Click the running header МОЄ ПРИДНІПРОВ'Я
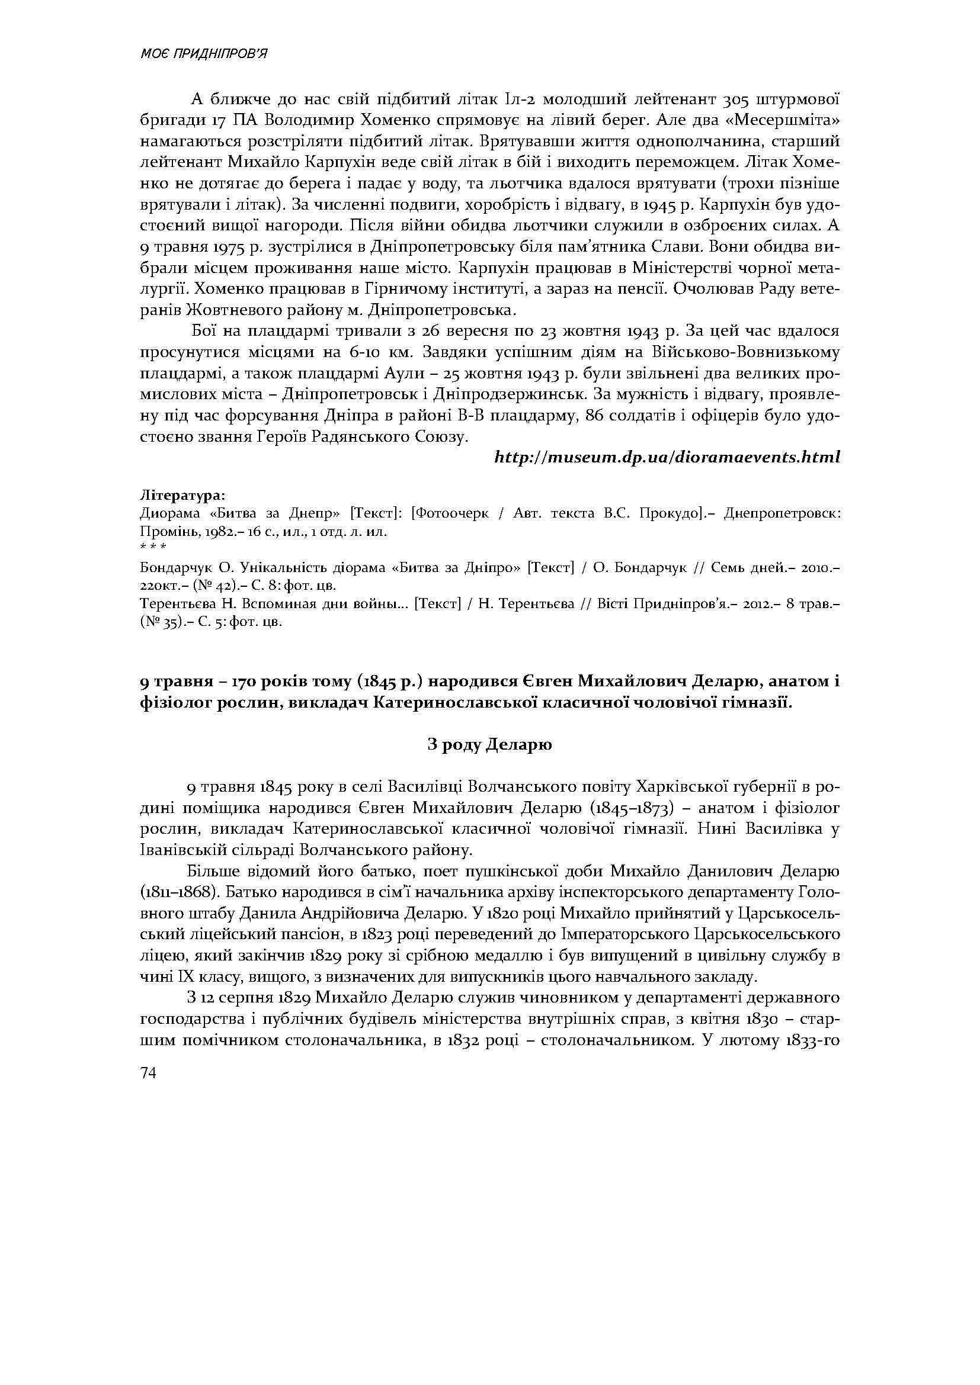(203, 54)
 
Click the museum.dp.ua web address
(667, 457)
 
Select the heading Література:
(182, 495)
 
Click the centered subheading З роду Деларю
(489, 744)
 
